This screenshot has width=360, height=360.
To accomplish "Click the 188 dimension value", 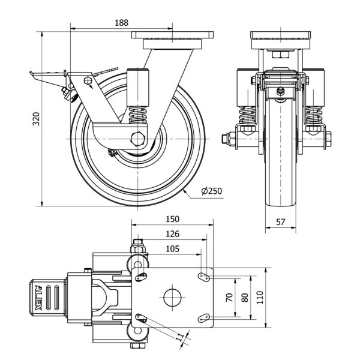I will click(121, 22).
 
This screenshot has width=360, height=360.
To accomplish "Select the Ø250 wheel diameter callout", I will click(212, 191).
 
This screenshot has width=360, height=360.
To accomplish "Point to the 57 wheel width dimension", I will click(280, 221).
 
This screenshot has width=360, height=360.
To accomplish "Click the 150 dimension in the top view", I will click(172, 219).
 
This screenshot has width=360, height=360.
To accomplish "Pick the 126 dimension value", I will click(172, 234).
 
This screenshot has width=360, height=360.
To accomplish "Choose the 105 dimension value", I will click(172, 248).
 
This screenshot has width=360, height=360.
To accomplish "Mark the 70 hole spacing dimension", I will click(229, 297).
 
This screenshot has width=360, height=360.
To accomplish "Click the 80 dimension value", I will click(244, 297).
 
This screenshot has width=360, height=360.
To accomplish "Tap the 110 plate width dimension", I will click(259, 297).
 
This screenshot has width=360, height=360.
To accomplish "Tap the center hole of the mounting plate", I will click(172, 297).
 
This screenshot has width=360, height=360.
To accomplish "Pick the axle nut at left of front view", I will click(228, 140).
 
